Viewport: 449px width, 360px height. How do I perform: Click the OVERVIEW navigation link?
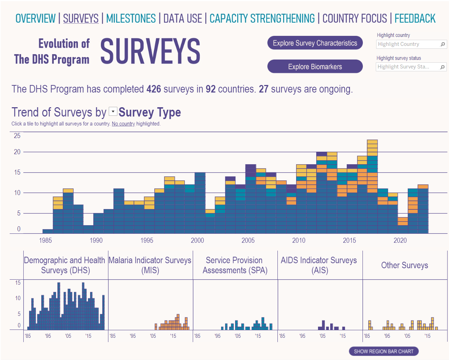tap(36, 19)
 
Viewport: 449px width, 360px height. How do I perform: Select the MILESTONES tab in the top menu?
tap(131, 19)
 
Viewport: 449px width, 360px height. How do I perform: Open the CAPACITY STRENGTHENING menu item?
tap(262, 19)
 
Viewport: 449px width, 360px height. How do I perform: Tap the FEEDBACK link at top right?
tap(415, 19)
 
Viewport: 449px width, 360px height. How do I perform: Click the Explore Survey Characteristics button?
tap(315, 43)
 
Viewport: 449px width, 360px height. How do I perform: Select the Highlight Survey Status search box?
tap(407, 67)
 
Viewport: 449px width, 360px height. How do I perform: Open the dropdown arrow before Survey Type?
tap(113, 112)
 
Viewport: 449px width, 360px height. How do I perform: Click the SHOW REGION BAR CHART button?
tap(383, 351)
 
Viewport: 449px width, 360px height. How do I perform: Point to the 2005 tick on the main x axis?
tap(248, 241)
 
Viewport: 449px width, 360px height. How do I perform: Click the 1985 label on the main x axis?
tap(45, 241)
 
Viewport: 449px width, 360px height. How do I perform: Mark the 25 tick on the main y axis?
tap(17, 136)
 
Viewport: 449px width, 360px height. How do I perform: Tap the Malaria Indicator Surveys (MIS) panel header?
tap(150, 265)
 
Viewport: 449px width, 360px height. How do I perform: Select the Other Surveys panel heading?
tap(404, 265)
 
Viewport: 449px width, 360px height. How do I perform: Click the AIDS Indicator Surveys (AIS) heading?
tap(319, 265)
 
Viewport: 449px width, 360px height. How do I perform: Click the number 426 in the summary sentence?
tap(154, 89)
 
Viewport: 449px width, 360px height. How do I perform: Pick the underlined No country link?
tap(123, 124)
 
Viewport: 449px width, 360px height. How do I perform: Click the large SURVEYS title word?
tap(150, 52)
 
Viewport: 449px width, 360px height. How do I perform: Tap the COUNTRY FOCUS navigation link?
tap(355, 19)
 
